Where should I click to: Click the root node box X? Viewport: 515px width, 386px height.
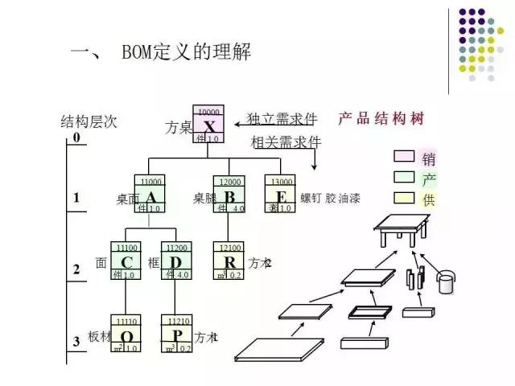coord(208,125)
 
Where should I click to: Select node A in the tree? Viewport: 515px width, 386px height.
coord(150,195)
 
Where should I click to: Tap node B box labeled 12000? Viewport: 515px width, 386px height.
coord(229,195)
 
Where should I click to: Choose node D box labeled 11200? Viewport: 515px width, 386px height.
coord(177,261)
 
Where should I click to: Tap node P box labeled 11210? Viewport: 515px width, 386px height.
coord(177,334)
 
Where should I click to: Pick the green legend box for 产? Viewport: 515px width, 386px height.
coord(403,177)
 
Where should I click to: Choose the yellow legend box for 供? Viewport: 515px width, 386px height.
coord(403,198)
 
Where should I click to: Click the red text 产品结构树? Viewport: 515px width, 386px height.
coord(381,118)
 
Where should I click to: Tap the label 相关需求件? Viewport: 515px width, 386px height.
coord(286,142)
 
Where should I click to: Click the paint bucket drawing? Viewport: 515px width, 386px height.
coord(445,282)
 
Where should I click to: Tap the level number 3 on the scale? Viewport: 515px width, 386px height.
coord(76,341)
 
